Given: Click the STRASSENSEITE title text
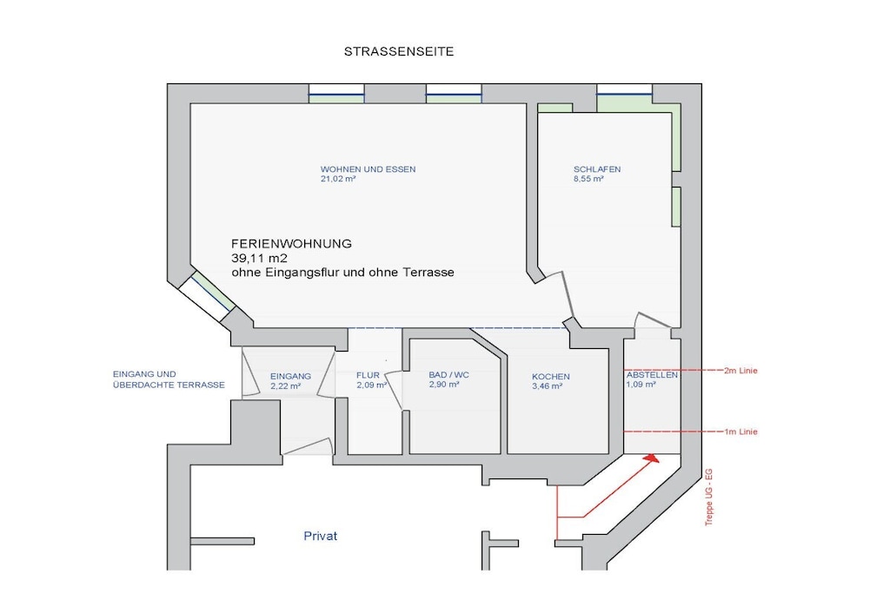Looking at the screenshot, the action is point(398,51).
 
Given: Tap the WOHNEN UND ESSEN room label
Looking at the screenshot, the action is point(368,169).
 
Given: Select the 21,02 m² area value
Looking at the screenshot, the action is point(338,179).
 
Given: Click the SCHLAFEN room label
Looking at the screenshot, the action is point(597,169).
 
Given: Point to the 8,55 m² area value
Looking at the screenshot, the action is point(588,179).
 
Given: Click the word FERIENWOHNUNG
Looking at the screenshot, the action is point(291,244).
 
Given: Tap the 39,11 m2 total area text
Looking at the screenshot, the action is point(259,259).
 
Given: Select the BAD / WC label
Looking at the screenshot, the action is point(449,375).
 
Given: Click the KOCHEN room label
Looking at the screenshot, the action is point(550,377).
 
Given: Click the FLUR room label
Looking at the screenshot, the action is point(368,375).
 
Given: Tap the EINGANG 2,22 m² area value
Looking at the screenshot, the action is point(285,386).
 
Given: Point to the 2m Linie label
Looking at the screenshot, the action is point(741,371).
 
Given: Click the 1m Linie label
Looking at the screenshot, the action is point(741,432).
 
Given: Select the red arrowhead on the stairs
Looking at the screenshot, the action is point(652,458).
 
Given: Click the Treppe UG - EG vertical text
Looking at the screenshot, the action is point(709,497).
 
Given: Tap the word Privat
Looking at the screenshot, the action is point(320,536).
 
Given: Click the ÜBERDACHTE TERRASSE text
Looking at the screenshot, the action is point(169,385).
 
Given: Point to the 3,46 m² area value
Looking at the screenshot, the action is point(548,386).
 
